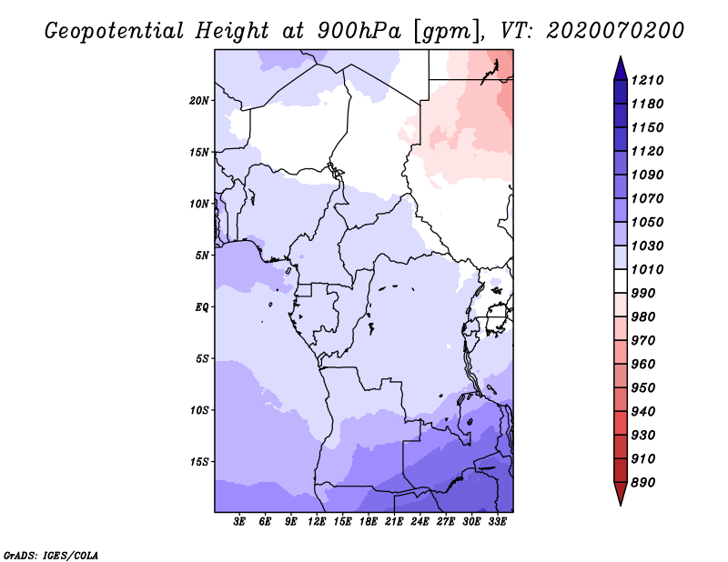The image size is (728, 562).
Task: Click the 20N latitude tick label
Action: pos(199,100)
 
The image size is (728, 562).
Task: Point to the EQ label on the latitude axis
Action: pos(201,306)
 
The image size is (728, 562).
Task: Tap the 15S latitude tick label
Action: pos(199,461)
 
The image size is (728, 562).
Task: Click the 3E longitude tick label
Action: pos(239,522)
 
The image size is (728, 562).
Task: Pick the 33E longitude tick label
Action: pos(497,522)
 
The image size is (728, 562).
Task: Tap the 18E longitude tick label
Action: pos(369,522)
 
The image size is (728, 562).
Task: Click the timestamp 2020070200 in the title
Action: pos(615,31)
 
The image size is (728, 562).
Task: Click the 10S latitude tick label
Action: pos(199,410)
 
